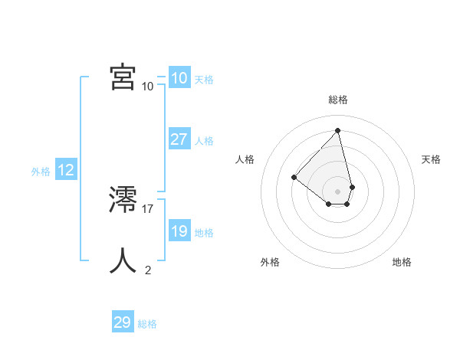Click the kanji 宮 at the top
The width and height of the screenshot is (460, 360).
pyautogui.click(x=123, y=77)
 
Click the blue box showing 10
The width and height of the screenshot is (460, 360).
pyautogui.click(x=179, y=78)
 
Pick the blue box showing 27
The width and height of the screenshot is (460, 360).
pyautogui.click(x=179, y=139)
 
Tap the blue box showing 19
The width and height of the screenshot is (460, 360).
pyautogui.click(x=179, y=231)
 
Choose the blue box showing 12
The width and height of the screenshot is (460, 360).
pyautogui.click(x=66, y=170)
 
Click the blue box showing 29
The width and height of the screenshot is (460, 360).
pyautogui.click(x=123, y=322)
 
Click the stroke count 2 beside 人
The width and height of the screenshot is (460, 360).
pyautogui.click(x=148, y=270)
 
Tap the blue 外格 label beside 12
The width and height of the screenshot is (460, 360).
pyautogui.click(x=41, y=172)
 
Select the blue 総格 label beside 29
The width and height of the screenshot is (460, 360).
pyautogui.click(x=148, y=324)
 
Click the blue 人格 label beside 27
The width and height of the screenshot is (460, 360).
pyautogui.click(x=204, y=141)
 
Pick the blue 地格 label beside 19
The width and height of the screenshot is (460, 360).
pyautogui.click(x=204, y=233)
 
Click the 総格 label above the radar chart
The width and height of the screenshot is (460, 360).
pyautogui.click(x=338, y=100)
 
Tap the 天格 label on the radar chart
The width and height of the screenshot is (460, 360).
pyautogui.click(x=431, y=159)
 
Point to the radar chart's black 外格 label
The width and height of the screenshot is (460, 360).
pyautogui.click(x=270, y=262)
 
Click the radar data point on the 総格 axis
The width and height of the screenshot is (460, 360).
pyautogui.click(x=338, y=129)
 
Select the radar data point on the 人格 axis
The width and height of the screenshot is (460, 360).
pyautogui.click(x=294, y=177)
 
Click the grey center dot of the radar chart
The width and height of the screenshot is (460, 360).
pyautogui.click(x=338, y=191)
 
